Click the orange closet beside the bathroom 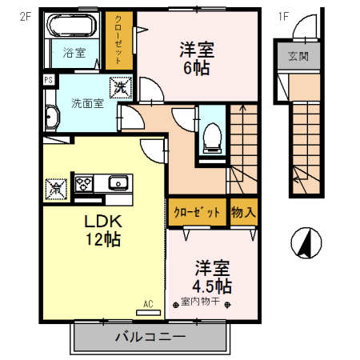[x=118, y=40]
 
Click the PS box [x=49, y=80]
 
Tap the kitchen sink [x=117, y=183]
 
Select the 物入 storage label [x=243, y=213]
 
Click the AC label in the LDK [x=148, y=303]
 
